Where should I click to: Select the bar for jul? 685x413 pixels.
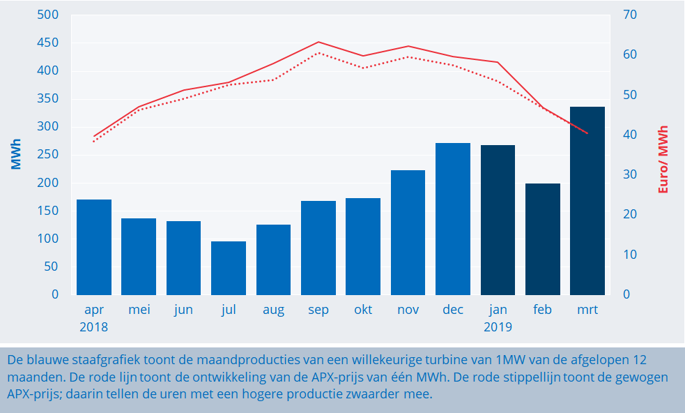click(x=229, y=268)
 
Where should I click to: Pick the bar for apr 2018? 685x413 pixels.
click(x=94, y=247)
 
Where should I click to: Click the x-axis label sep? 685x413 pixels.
click(x=318, y=310)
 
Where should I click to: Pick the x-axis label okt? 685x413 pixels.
click(x=363, y=310)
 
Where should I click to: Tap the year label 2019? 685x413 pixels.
click(x=498, y=326)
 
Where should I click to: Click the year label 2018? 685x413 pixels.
click(x=94, y=326)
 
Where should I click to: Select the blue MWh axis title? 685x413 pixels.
click(x=15, y=155)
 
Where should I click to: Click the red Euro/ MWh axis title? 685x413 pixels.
click(x=663, y=159)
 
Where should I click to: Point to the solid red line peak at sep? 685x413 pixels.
click(x=318, y=42)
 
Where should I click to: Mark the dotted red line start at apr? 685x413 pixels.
click(x=94, y=141)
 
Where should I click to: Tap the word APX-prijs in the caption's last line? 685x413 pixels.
click(x=31, y=393)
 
